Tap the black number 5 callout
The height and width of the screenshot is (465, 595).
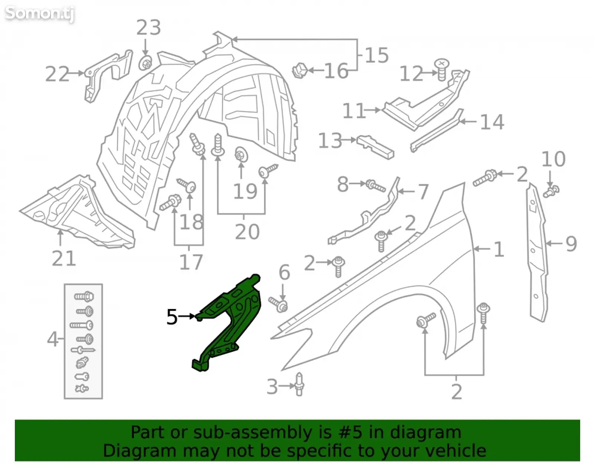(x=172, y=317)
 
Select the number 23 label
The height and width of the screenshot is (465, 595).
(x=148, y=28)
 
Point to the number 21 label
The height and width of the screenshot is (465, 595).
(x=64, y=259)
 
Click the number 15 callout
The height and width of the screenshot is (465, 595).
(x=377, y=55)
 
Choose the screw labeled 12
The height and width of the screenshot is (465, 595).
(x=442, y=70)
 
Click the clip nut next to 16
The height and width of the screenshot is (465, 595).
(x=300, y=70)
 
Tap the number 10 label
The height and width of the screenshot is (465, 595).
(x=553, y=159)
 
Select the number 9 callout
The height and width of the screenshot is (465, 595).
(x=572, y=244)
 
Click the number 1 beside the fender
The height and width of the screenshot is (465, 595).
(x=499, y=249)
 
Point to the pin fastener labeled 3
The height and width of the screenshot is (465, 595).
(x=299, y=384)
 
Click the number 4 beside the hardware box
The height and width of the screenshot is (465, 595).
(x=52, y=339)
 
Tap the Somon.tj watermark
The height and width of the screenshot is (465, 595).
(x=39, y=13)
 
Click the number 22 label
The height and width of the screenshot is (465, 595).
(x=57, y=74)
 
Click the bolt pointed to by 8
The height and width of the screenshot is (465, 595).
(x=375, y=186)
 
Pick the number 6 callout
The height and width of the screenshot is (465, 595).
(x=284, y=273)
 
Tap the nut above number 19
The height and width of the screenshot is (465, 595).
(x=241, y=155)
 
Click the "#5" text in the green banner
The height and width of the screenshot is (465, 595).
(x=350, y=432)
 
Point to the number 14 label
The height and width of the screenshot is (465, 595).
(x=492, y=122)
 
